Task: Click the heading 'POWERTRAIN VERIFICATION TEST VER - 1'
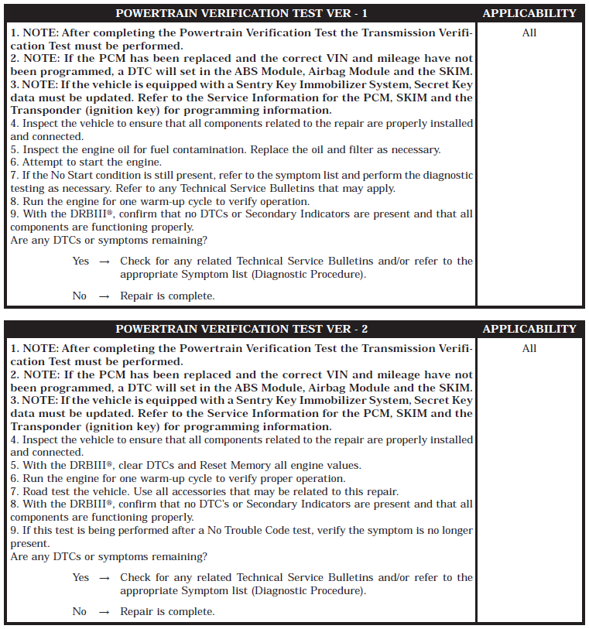tap(241, 13)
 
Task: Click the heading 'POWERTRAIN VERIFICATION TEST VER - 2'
tap(241, 329)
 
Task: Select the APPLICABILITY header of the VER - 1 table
tap(529, 13)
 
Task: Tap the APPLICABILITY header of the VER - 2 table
tap(529, 329)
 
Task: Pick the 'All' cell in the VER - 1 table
tap(529, 33)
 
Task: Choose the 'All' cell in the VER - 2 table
tap(529, 349)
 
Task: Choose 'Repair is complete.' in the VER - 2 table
tap(167, 612)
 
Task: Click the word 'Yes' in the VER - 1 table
tap(80, 262)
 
